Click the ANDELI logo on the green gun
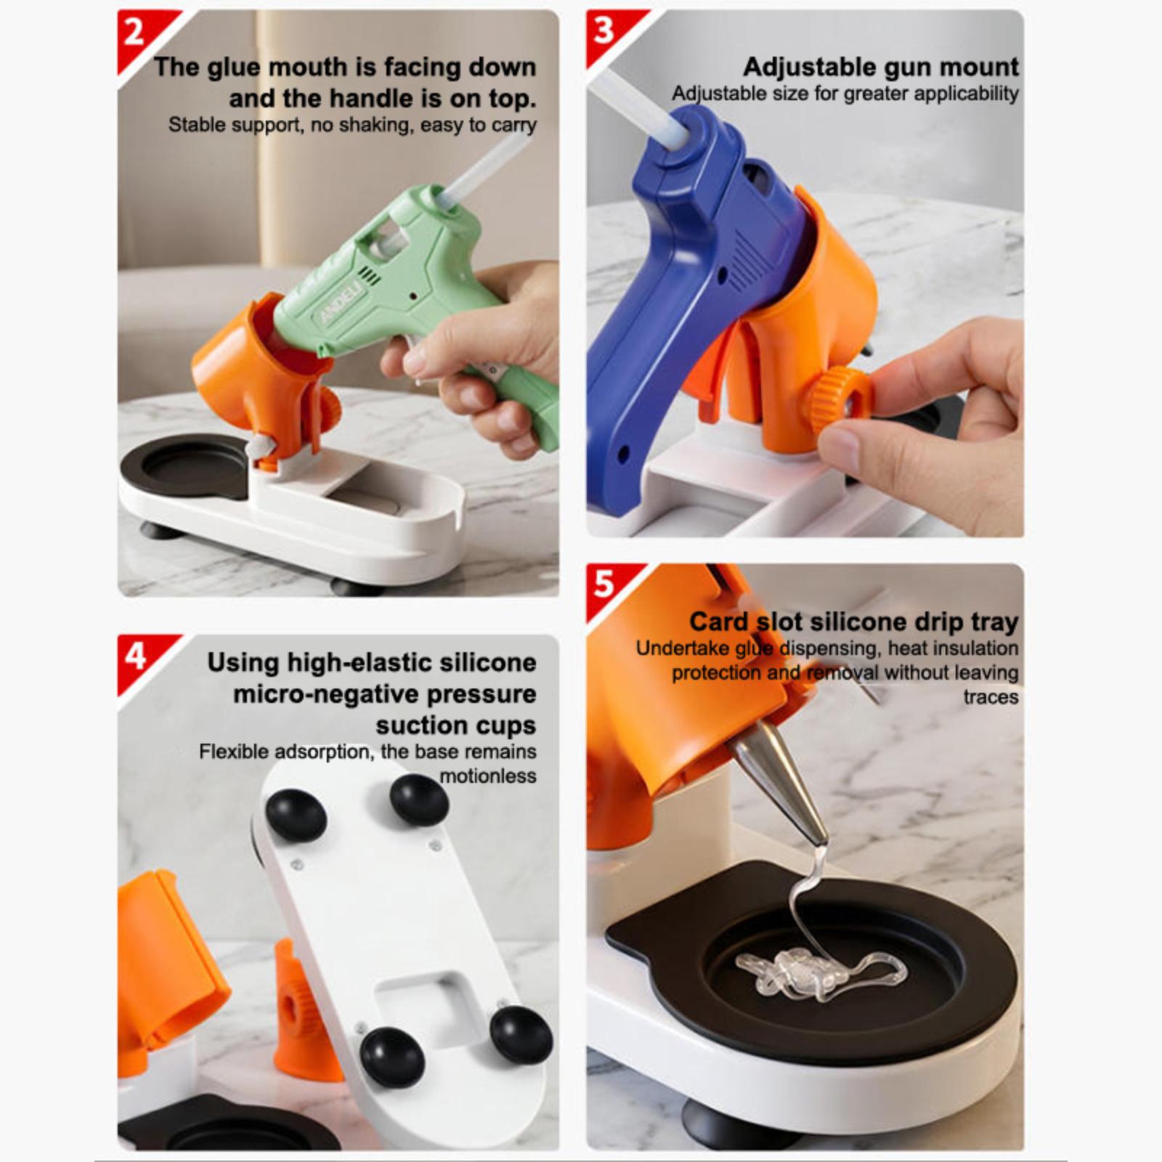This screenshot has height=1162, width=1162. (340, 301)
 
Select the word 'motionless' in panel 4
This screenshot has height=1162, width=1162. (488, 776)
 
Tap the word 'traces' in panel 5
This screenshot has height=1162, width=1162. (991, 697)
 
